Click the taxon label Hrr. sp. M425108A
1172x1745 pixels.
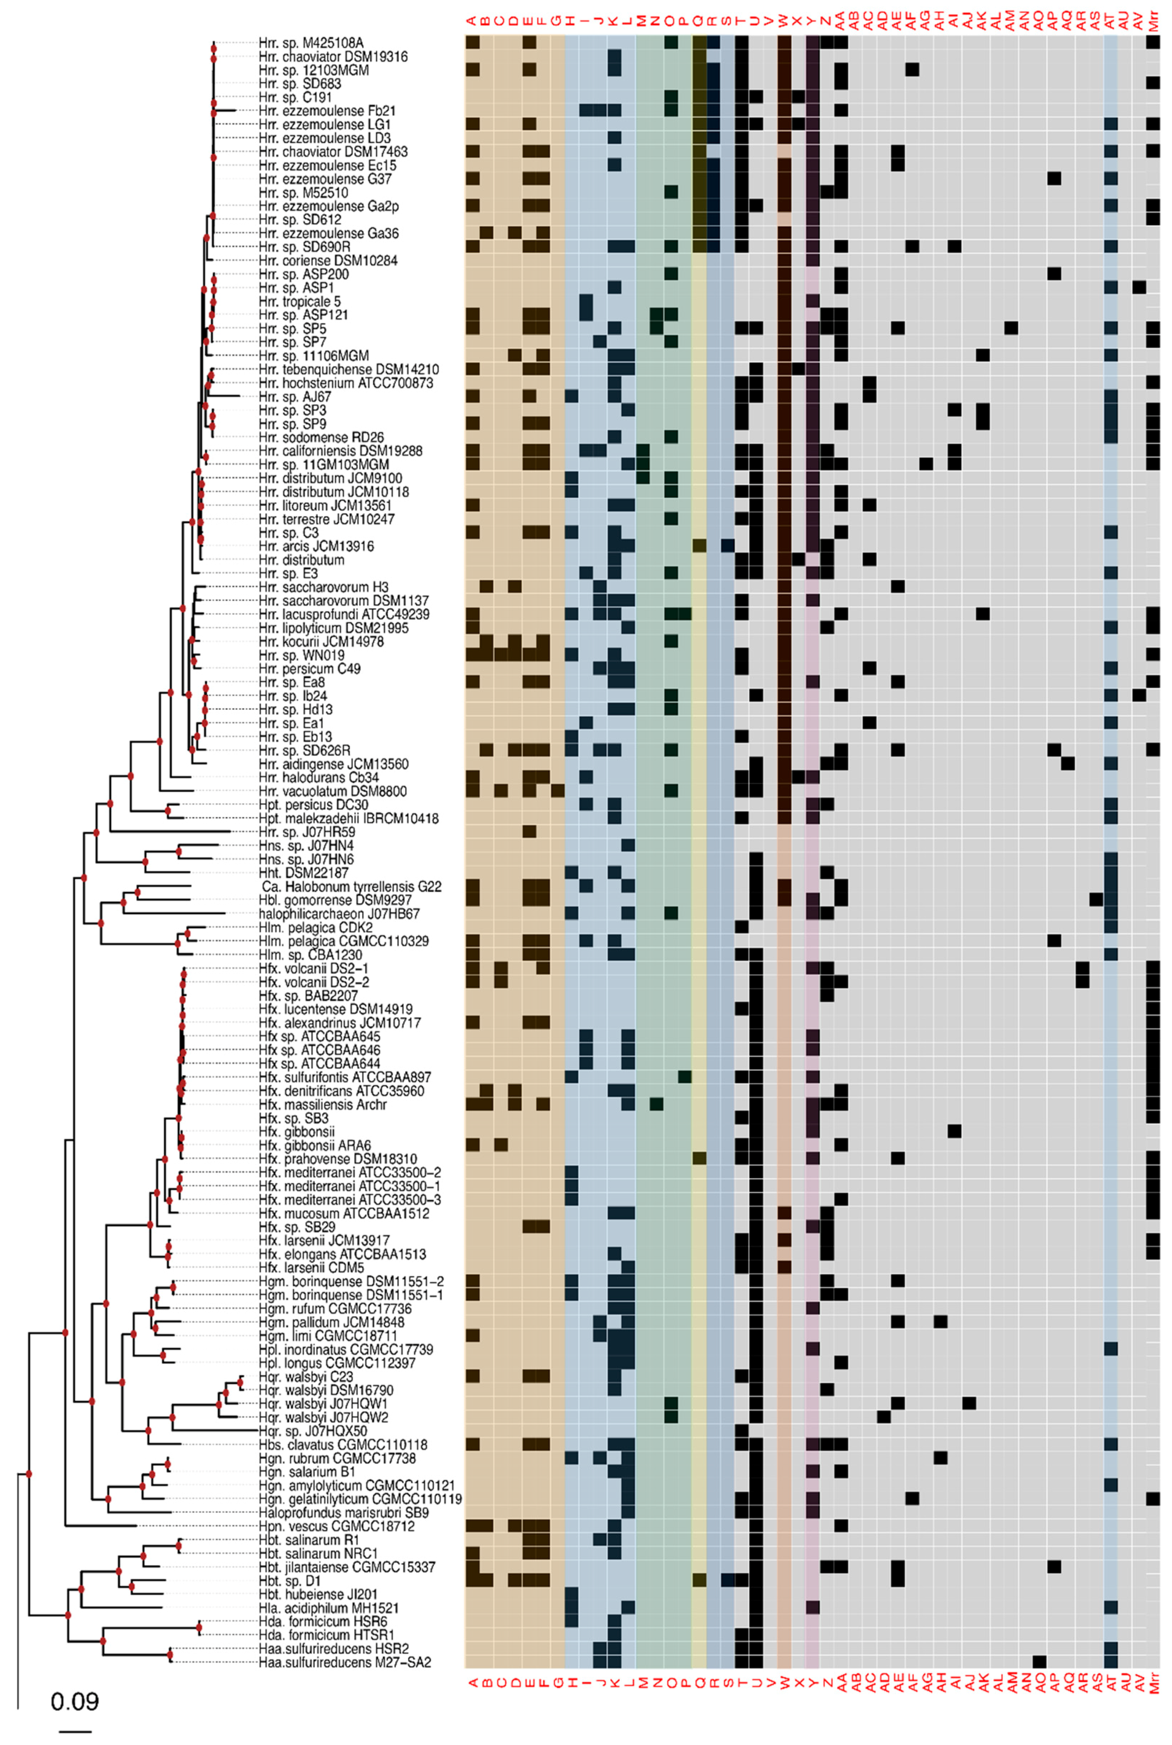311,43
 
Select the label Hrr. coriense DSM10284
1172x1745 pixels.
328,261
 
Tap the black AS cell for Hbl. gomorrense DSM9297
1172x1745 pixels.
1097,899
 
